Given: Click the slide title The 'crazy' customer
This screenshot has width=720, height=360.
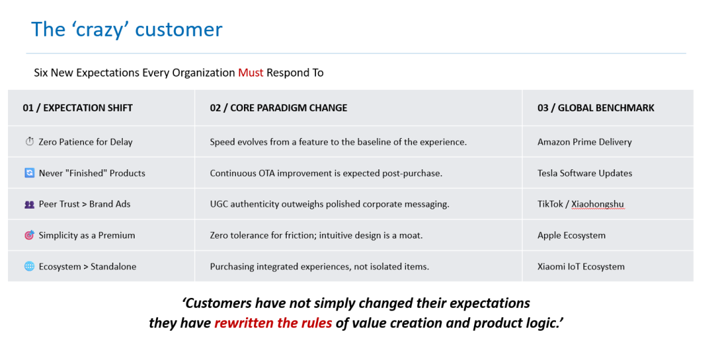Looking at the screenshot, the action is [x=127, y=29].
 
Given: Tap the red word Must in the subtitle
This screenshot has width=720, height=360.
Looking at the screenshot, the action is [x=251, y=73].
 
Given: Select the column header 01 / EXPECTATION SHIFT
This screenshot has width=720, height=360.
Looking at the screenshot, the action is [x=77, y=108].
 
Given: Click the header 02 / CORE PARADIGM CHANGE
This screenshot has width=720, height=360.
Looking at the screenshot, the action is [x=279, y=108].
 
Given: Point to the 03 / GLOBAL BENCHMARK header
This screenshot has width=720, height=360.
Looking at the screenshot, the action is [x=596, y=108].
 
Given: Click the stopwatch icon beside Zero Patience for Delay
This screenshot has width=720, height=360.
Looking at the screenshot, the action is [x=29, y=142].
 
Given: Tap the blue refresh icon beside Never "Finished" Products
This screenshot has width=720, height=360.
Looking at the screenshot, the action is [x=29, y=173].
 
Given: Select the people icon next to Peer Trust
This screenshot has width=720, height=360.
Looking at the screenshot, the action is [x=29, y=205].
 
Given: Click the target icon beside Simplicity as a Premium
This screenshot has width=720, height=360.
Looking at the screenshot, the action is [x=29, y=235].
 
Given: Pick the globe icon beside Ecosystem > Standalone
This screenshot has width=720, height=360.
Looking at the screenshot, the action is [x=29, y=266].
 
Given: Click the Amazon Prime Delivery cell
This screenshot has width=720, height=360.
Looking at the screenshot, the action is [x=585, y=142].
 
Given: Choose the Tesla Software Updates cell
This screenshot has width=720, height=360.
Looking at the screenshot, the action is [x=585, y=173].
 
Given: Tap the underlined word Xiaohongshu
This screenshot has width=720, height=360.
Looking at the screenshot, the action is [x=598, y=205].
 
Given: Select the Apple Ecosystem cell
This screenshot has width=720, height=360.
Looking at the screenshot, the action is [x=572, y=235].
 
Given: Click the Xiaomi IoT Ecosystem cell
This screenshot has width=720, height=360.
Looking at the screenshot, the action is [x=581, y=267].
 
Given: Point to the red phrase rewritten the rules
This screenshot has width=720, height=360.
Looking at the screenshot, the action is [x=273, y=323].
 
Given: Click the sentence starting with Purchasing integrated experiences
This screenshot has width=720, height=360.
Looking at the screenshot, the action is [x=319, y=267].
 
